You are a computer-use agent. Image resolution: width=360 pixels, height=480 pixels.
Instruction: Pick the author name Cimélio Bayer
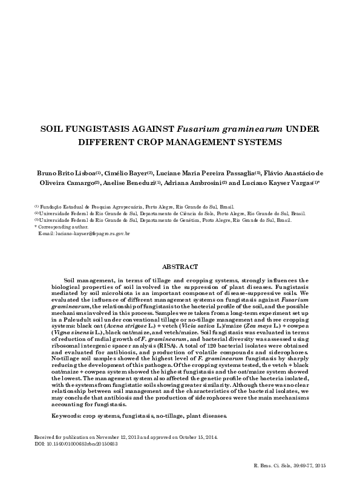click(x=120, y=175)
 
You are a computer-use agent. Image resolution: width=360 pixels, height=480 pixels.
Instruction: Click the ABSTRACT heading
click(x=180, y=266)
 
